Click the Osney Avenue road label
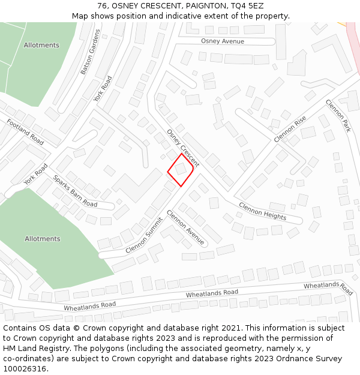(x=223, y=41)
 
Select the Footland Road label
(x=25, y=132)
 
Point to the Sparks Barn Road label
(x=75, y=191)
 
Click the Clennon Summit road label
(x=144, y=235)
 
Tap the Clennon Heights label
(x=262, y=211)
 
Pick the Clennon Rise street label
(x=290, y=128)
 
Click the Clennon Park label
(x=338, y=116)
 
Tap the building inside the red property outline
(x=180, y=169)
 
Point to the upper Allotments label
(x=41, y=45)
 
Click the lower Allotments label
(x=43, y=239)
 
